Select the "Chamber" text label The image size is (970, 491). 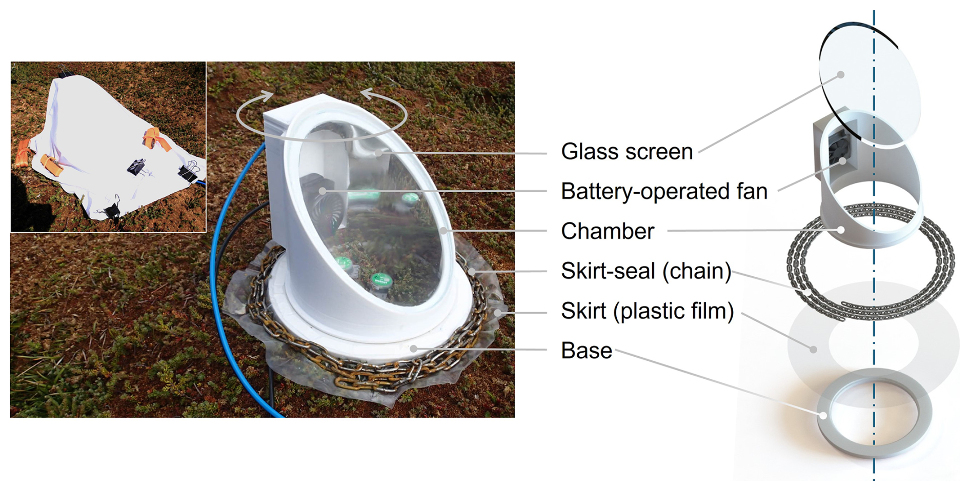coord(608,231)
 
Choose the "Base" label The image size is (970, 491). coord(587,351)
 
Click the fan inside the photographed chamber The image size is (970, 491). coord(320,202)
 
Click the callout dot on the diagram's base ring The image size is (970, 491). coord(823,415)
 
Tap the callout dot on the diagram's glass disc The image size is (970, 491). coord(841,75)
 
